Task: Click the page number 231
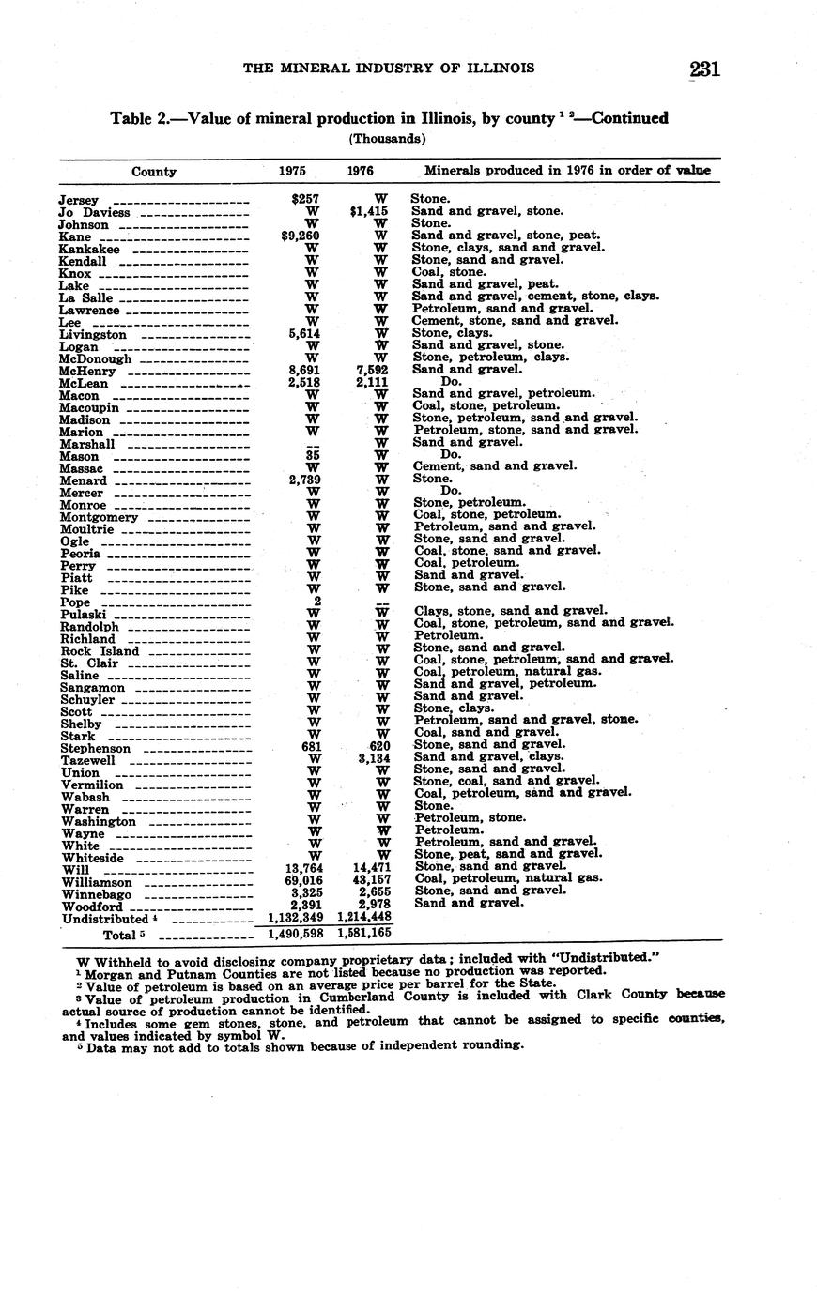[704, 69]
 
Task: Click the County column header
[153, 172]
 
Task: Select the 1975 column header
[292, 172]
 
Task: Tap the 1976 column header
[361, 172]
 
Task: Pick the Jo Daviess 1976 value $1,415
[368, 212]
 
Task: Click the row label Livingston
[93, 335]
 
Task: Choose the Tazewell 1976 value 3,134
[373, 757]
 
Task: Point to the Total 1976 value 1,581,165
[363, 935]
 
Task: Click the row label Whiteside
[92, 858]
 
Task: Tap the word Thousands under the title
[387, 139]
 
